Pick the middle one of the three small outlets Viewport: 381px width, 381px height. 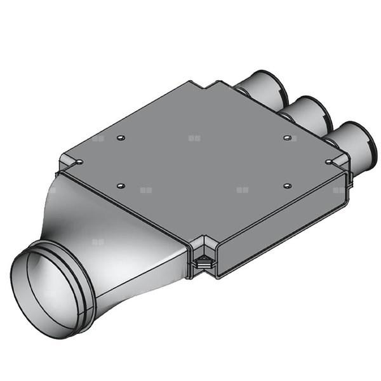point(308,113)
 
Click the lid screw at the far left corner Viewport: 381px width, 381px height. point(77,162)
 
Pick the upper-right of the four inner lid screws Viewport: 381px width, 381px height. point(287,137)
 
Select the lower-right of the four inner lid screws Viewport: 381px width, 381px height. point(287,185)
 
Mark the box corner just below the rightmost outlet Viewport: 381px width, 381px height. point(346,175)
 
